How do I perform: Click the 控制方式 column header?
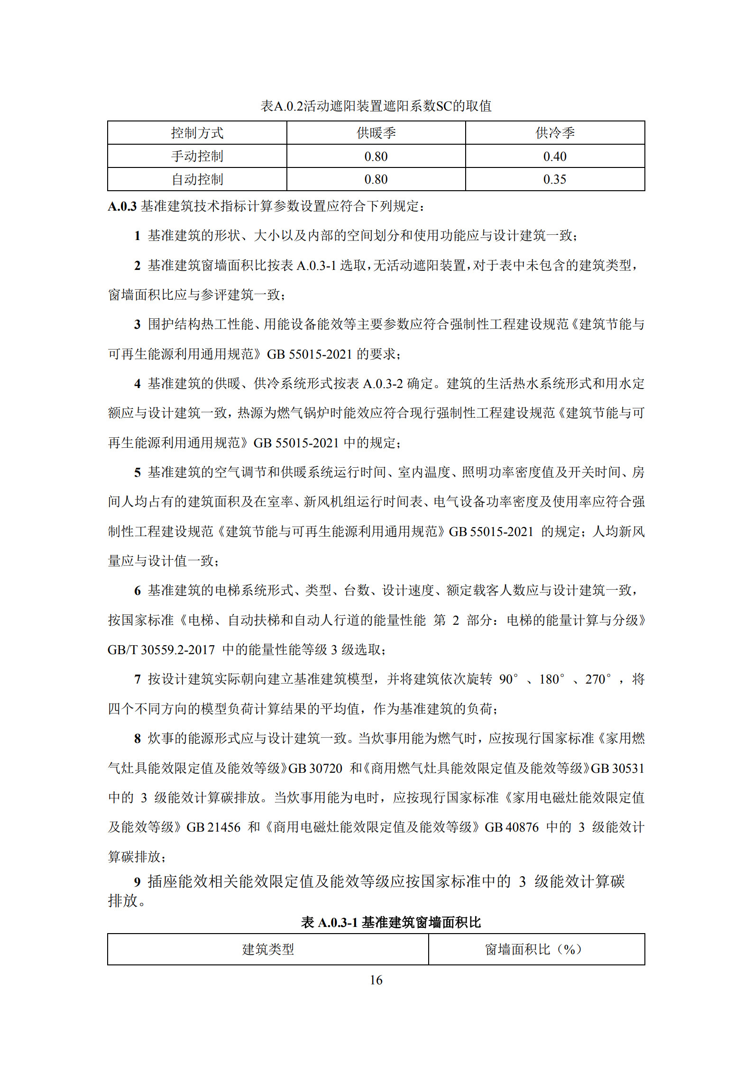197,133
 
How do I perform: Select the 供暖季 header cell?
376,133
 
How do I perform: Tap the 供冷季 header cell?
555,133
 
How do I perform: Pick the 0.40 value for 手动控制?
555,156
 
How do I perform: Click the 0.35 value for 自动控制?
555,179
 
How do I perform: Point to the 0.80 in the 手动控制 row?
376,156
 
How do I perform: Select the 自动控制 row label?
197,179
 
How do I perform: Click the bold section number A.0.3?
122,206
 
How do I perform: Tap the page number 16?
376,980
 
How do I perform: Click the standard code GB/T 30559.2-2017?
161,649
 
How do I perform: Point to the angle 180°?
551,679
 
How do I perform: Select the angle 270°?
598,679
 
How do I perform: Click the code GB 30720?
315,768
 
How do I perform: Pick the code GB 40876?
512,827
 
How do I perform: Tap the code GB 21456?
213,827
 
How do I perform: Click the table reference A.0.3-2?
383,383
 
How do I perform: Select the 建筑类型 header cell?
268,949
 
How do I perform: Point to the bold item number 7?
138,679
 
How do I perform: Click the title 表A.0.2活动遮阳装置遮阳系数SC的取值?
376,106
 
